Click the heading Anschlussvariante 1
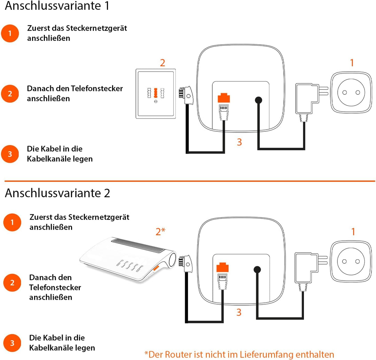tap(57, 6)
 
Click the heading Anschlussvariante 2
tap(57, 193)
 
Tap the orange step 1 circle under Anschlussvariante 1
tap(10, 33)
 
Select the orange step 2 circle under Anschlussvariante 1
tap(10, 94)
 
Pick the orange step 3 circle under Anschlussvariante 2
tap(12, 343)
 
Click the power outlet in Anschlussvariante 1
tap(351, 92)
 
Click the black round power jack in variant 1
tap(258, 100)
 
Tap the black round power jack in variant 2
tap(257, 269)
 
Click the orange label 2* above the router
tap(160, 231)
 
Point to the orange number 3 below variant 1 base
tap(239, 142)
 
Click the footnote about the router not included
tap(239, 354)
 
